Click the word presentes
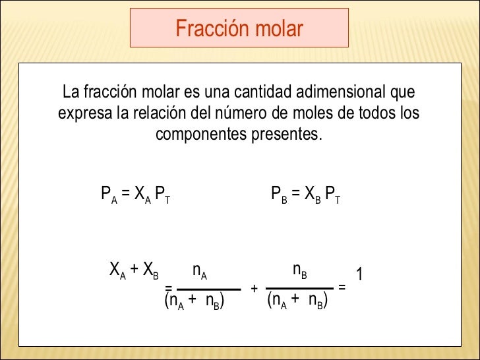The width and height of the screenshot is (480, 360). (286, 135)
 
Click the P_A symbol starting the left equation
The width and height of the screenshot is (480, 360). (109, 195)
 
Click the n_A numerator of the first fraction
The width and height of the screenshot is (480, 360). (199, 270)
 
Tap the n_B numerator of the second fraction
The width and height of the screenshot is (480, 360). (300, 270)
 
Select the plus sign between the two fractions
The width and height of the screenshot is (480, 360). (254, 289)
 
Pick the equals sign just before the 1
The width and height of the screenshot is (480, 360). (342, 287)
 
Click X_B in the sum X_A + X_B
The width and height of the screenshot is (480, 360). (150, 270)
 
